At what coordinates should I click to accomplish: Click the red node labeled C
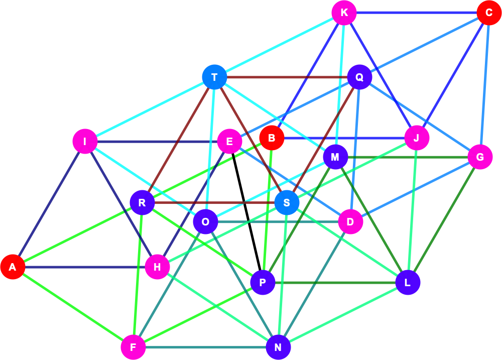489,13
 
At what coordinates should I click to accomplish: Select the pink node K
344,13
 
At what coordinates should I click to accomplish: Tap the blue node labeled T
214,77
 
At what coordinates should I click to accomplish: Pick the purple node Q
359,77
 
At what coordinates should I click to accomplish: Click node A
13,267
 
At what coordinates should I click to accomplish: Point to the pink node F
133,347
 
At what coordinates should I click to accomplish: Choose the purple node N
278,347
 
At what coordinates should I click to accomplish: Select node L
408,283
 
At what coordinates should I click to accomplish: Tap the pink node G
480,157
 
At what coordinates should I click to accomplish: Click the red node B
272,138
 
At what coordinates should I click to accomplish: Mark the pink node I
85,141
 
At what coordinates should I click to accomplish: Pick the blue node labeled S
287,202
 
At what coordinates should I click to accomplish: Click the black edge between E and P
246,212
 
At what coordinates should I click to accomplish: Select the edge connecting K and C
417,13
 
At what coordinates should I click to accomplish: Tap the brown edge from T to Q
287,77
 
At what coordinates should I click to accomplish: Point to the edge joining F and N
205,347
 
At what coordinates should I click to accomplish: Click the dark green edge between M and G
408,157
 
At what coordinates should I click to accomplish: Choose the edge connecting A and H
85,267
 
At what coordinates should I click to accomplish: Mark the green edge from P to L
335,283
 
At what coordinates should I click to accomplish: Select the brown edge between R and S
214,202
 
